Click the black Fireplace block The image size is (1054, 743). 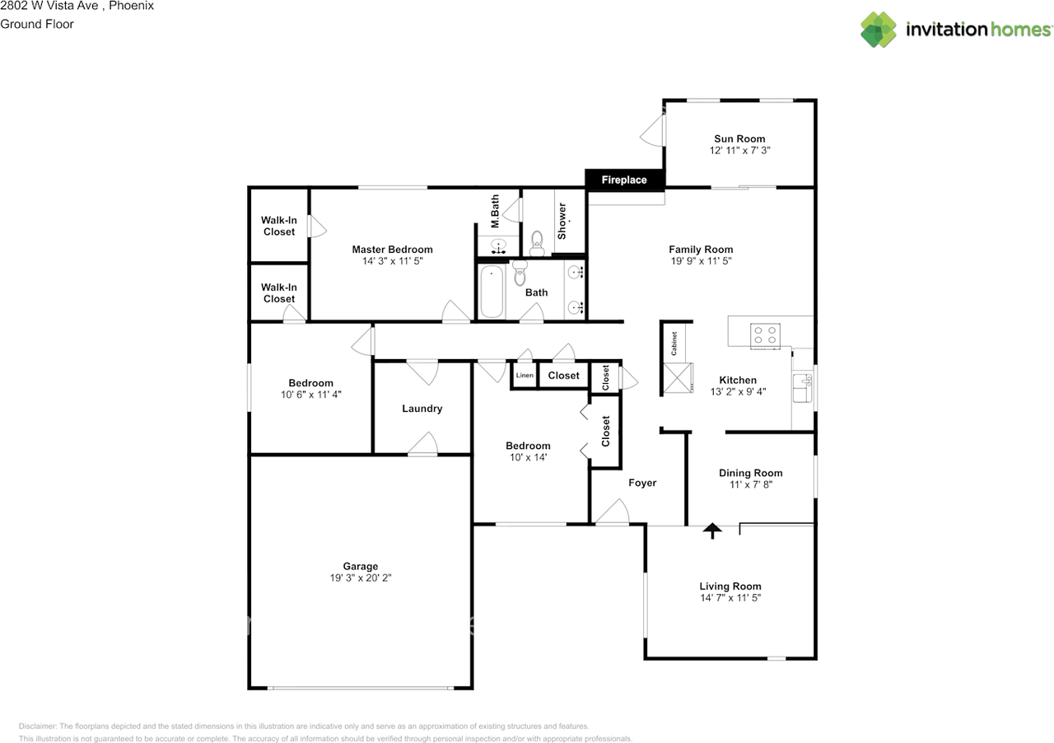tap(624, 180)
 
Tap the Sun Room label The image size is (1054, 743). tap(739, 138)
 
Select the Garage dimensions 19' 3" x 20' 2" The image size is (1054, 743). tap(360, 578)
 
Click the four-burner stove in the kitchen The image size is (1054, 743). tap(764, 335)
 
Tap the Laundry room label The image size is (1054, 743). tap(422, 409)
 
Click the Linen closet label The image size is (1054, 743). tap(525, 376)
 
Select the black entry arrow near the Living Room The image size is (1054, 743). tap(711, 530)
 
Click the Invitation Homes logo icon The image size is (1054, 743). tap(879, 30)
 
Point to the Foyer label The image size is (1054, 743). tap(642, 483)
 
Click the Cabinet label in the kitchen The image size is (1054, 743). tap(674, 343)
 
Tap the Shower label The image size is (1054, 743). tap(562, 221)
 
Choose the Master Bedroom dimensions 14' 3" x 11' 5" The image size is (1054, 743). tap(392, 261)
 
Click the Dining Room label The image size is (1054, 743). tap(750, 473)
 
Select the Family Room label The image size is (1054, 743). tap(700, 250)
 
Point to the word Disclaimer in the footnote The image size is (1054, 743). tap(38, 727)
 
